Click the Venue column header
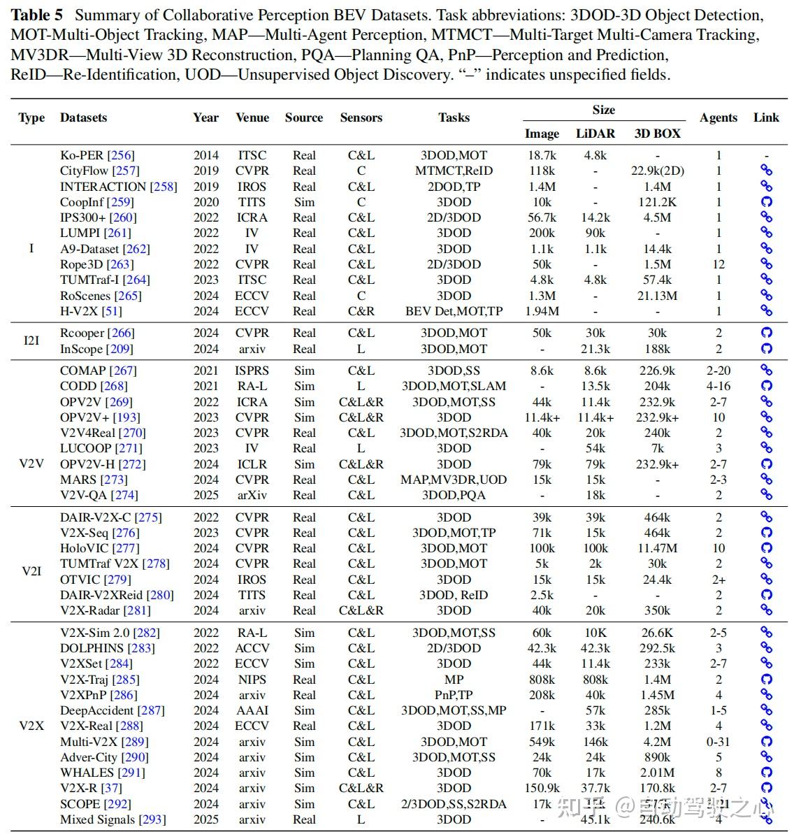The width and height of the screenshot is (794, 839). point(252,117)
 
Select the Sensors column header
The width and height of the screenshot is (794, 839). point(361,117)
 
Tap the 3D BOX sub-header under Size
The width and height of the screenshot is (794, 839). point(657,133)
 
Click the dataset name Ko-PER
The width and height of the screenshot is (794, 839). point(81,155)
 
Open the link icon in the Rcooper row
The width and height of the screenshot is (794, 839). point(766,333)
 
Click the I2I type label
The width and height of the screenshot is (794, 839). point(31,341)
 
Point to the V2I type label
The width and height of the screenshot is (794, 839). point(31,571)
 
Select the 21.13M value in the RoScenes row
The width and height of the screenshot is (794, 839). point(657,296)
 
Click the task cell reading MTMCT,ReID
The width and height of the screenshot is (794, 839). point(454,171)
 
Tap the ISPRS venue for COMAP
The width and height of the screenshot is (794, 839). point(252,371)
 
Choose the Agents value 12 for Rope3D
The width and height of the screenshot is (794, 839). point(719,264)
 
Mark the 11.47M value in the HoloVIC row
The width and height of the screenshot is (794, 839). point(657,548)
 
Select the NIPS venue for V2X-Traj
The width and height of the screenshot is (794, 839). point(252,680)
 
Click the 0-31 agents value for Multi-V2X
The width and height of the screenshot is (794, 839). point(719,742)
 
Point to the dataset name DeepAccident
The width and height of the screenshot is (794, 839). point(96,710)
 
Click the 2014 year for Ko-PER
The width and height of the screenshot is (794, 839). point(206,155)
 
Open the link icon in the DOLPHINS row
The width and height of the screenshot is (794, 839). point(766,648)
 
